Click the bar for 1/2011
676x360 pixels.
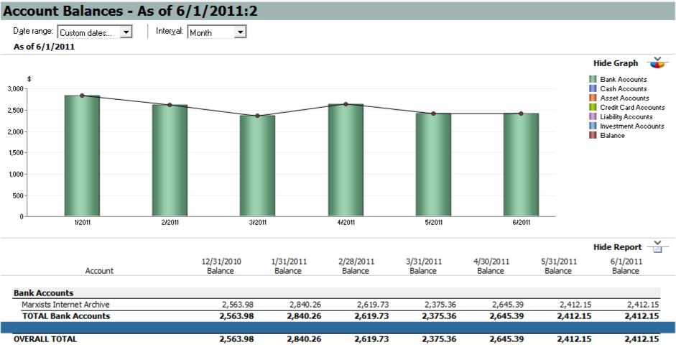tap(82, 155)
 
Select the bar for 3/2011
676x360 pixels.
tap(257, 165)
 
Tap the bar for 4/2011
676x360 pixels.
tap(346, 160)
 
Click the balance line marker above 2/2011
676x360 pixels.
tap(170, 105)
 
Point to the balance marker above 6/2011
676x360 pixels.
tap(521, 114)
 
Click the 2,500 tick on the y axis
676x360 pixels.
tap(14, 111)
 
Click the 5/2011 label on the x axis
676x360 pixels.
tap(433, 223)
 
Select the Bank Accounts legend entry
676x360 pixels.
tap(623, 79)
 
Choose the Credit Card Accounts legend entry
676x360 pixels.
tap(632, 107)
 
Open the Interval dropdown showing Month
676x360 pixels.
tap(240, 32)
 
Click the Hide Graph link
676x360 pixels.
tap(616, 63)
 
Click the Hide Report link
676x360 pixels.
tap(617, 247)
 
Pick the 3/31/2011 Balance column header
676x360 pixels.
tap(422, 266)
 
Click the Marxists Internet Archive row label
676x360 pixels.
tap(65, 305)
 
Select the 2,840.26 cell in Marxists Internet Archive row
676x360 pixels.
tap(305, 305)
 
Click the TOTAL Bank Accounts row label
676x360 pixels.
tap(65, 315)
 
